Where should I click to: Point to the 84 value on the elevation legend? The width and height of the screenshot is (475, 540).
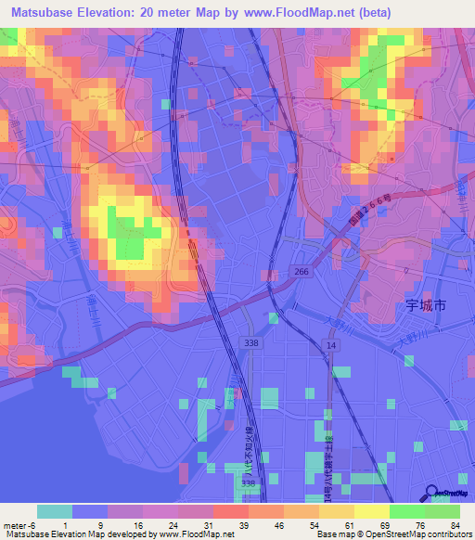coord(456,523)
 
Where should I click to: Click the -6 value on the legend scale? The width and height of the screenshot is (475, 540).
coord(32,523)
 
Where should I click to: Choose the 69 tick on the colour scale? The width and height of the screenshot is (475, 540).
coord(387,523)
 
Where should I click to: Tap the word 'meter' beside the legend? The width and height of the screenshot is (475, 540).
coord(14,523)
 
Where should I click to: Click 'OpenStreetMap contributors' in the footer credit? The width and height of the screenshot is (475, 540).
coord(422,534)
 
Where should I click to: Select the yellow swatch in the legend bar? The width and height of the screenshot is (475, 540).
coord(372,511)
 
